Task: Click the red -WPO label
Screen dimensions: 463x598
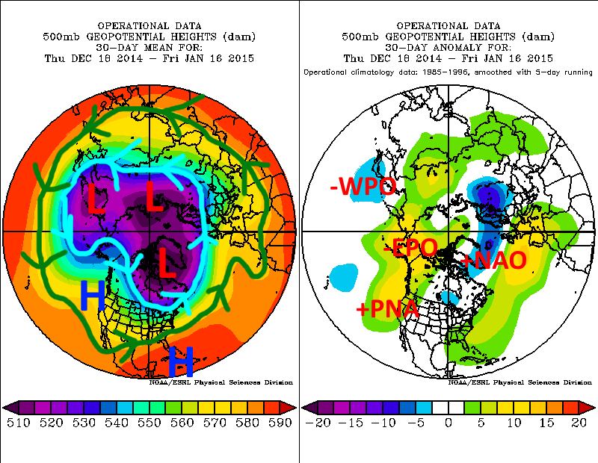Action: (x=363, y=187)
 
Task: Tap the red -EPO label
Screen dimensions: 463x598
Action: (x=409, y=249)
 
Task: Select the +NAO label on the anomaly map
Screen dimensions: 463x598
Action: (x=494, y=260)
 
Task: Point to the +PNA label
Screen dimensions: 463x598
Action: (x=386, y=309)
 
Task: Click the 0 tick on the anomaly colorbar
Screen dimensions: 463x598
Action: (x=449, y=423)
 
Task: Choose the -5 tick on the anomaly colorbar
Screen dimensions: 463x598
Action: (x=417, y=423)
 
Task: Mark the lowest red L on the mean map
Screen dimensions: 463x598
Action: (x=167, y=266)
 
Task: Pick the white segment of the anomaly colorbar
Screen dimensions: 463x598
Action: (x=449, y=407)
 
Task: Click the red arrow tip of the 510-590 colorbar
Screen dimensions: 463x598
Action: (x=289, y=407)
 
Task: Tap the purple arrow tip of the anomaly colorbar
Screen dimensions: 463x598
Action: (x=309, y=407)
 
